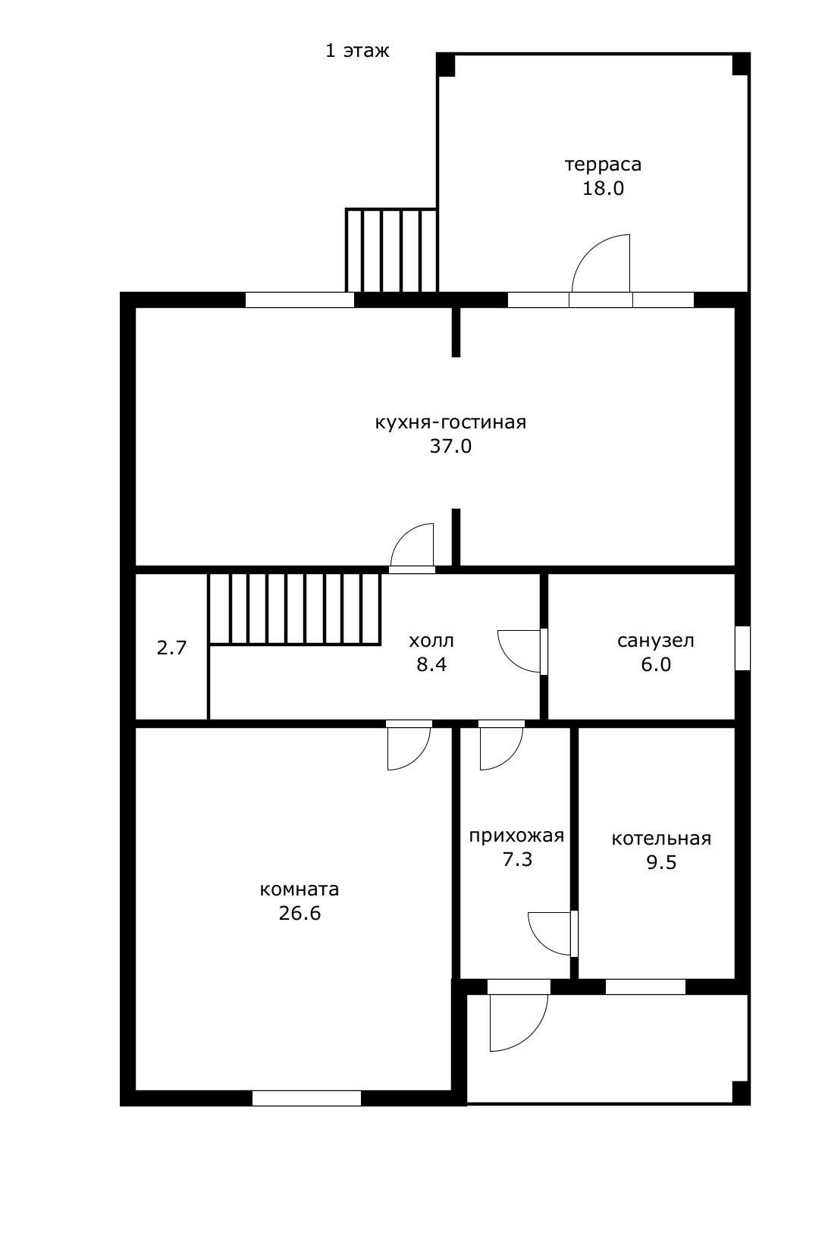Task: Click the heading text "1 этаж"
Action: pyautogui.click(x=357, y=51)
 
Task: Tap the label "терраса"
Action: pyautogui.click(x=603, y=165)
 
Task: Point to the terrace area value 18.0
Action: pyautogui.click(x=603, y=189)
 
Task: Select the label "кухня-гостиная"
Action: pyautogui.click(x=451, y=422)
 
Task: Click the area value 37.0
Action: pyautogui.click(x=451, y=446)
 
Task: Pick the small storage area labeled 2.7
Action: pyautogui.click(x=171, y=647)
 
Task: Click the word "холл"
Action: pyautogui.click(x=431, y=641)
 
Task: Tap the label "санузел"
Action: pyautogui.click(x=655, y=641)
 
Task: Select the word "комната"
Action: pyautogui.click(x=300, y=890)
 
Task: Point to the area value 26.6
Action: pyautogui.click(x=300, y=913)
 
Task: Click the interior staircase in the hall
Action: pyautogui.click(x=295, y=609)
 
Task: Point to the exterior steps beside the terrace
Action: pyautogui.click(x=391, y=250)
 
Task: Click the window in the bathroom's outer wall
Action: pyautogui.click(x=742, y=648)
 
